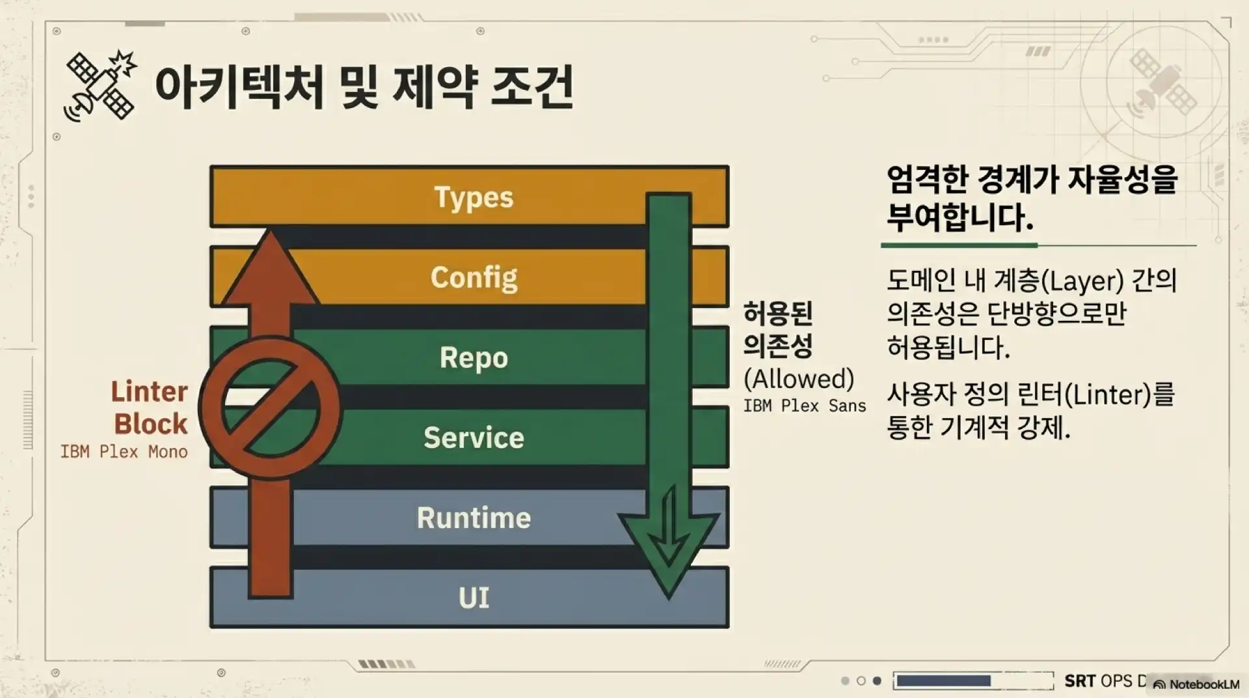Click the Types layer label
[x=474, y=197]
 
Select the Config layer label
[x=474, y=277]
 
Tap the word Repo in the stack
[x=474, y=357]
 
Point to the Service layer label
[x=474, y=438]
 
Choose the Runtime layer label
[x=474, y=518]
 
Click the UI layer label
[x=474, y=598]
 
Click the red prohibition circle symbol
[x=270, y=408]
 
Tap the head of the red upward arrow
[x=270, y=267]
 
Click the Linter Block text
[x=150, y=408]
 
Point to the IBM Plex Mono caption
[x=124, y=452]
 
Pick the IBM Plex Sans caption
[x=805, y=406]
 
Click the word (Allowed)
[x=799, y=378]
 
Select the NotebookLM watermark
[x=1197, y=684]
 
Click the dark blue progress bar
[x=943, y=681]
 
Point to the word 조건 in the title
[x=532, y=87]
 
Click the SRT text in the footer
[x=1080, y=681]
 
